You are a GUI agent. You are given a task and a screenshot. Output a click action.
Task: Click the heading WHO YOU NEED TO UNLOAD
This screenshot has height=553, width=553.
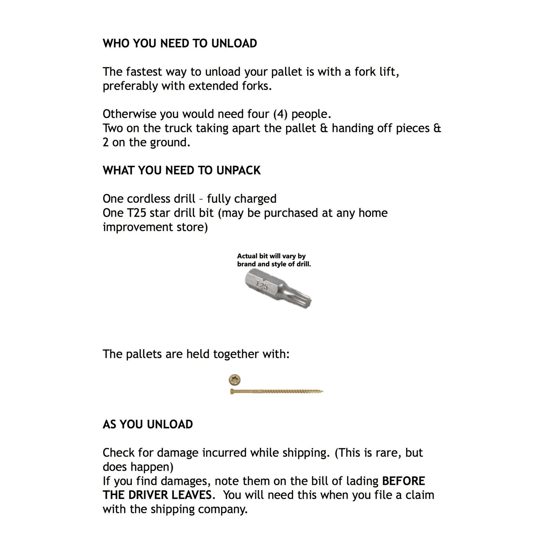pyautogui.click(x=180, y=43)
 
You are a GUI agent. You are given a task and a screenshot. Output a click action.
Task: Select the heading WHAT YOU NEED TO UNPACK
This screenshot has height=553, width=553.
pyautogui.click(x=182, y=170)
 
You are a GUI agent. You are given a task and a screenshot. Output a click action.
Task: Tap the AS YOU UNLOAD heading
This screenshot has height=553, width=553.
pyautogui.click(x=148, y=424)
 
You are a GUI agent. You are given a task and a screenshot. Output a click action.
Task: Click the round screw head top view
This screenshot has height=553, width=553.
pyautogui.click(x=235, y=380)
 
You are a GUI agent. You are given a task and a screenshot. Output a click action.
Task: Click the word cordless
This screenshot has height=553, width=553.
pyautogui.click(x=149, y=199)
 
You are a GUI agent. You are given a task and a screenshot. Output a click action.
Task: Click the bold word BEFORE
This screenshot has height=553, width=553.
pyautogui.click(x=403, y=481)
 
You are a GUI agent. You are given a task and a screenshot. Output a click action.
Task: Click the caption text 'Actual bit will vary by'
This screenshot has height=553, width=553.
pyautogui.click(x=271, y=256)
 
